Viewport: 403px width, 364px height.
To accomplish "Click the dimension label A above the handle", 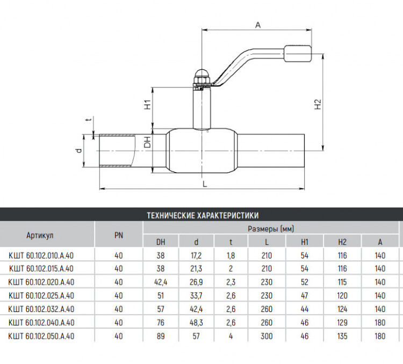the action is tap(258, 25).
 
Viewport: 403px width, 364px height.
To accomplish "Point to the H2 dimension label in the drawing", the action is tap(318, 105).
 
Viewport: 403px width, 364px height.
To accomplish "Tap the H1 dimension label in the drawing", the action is tap(148, 105).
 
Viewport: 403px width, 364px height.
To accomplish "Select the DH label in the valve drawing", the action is tap(147, 142).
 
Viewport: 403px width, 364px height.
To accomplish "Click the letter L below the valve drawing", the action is tap(205, 184).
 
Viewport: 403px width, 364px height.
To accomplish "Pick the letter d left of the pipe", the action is tap(79, 151).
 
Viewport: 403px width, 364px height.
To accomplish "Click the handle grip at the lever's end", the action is tap(298, 54).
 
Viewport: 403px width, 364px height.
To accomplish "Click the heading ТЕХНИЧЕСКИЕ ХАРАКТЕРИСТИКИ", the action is tap(203, 216).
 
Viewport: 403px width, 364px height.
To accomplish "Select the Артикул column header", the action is tap(40, 235).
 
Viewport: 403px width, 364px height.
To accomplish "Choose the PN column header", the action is tap(119, 235).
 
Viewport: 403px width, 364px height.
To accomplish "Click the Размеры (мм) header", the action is tap(271, 229).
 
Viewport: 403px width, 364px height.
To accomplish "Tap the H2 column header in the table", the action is tap(342, 242).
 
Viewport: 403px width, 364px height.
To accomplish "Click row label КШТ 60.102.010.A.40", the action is tap(41, 256).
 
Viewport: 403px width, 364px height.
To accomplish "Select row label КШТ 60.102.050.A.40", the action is tap(41, 336).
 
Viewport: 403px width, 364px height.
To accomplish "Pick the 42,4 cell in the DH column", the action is tap(161, 282).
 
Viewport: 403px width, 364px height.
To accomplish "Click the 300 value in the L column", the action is tap(267, 336).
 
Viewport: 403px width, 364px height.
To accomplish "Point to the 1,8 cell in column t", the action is tap(231, 256).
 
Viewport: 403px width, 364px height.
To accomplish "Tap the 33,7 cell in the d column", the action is tap(196, 296).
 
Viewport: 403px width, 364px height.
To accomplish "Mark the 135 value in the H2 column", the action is tap(342, 336).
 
